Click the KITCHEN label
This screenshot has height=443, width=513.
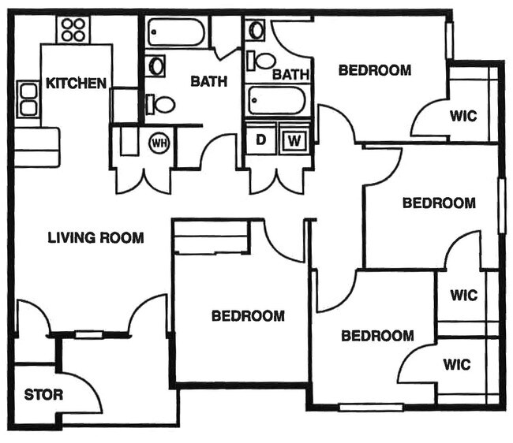tap(76, 83)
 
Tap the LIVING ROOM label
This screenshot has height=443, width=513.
tap(95, 237)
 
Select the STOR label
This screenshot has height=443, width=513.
tap(43, 395)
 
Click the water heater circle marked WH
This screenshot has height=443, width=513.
tap(159, 143)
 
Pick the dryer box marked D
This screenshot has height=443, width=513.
tap(260, 142)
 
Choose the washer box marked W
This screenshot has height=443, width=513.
tap(294, 142)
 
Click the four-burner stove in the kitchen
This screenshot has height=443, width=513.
tap(73, 30)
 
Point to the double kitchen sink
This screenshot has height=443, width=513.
tap(28, 99)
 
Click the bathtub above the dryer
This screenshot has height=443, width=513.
tap(276, 101)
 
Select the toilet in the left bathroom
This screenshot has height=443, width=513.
tap(162, 103)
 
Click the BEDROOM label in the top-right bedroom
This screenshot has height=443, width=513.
tap(375, 70)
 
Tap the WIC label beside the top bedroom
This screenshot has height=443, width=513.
tap(463, 115)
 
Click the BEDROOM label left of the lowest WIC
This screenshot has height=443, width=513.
tap(377, 336)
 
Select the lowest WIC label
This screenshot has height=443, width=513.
tap(456, 364)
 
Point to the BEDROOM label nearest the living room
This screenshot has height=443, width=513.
tap(248, 316)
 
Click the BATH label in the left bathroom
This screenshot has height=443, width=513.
tap(208, 80)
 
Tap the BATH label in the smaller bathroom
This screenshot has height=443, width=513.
tap(290, 74)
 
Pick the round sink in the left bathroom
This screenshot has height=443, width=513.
tap(156, 65)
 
